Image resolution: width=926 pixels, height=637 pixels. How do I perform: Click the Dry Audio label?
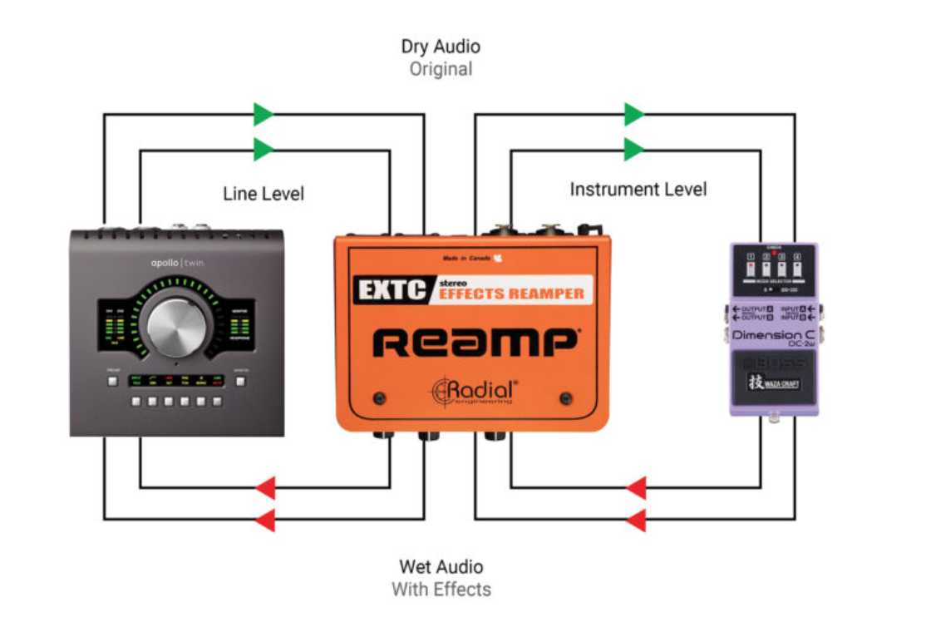click(441, 47)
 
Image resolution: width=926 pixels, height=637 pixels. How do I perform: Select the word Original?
click(441, 69)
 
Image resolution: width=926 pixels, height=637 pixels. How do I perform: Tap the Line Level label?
click(264, 194)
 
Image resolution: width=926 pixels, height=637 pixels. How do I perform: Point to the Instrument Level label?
click(638, 190)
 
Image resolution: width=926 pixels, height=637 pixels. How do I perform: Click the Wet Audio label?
click(441, 567)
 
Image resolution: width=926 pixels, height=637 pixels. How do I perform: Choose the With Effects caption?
click(441, 590)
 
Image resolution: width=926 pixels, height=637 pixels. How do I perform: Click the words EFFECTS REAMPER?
click(510, 293)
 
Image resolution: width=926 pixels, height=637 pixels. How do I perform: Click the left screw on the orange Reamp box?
click(380, 397)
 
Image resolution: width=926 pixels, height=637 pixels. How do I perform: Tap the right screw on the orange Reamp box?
click(567, 397)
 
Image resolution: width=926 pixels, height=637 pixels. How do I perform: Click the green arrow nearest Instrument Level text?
click(634, 150)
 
